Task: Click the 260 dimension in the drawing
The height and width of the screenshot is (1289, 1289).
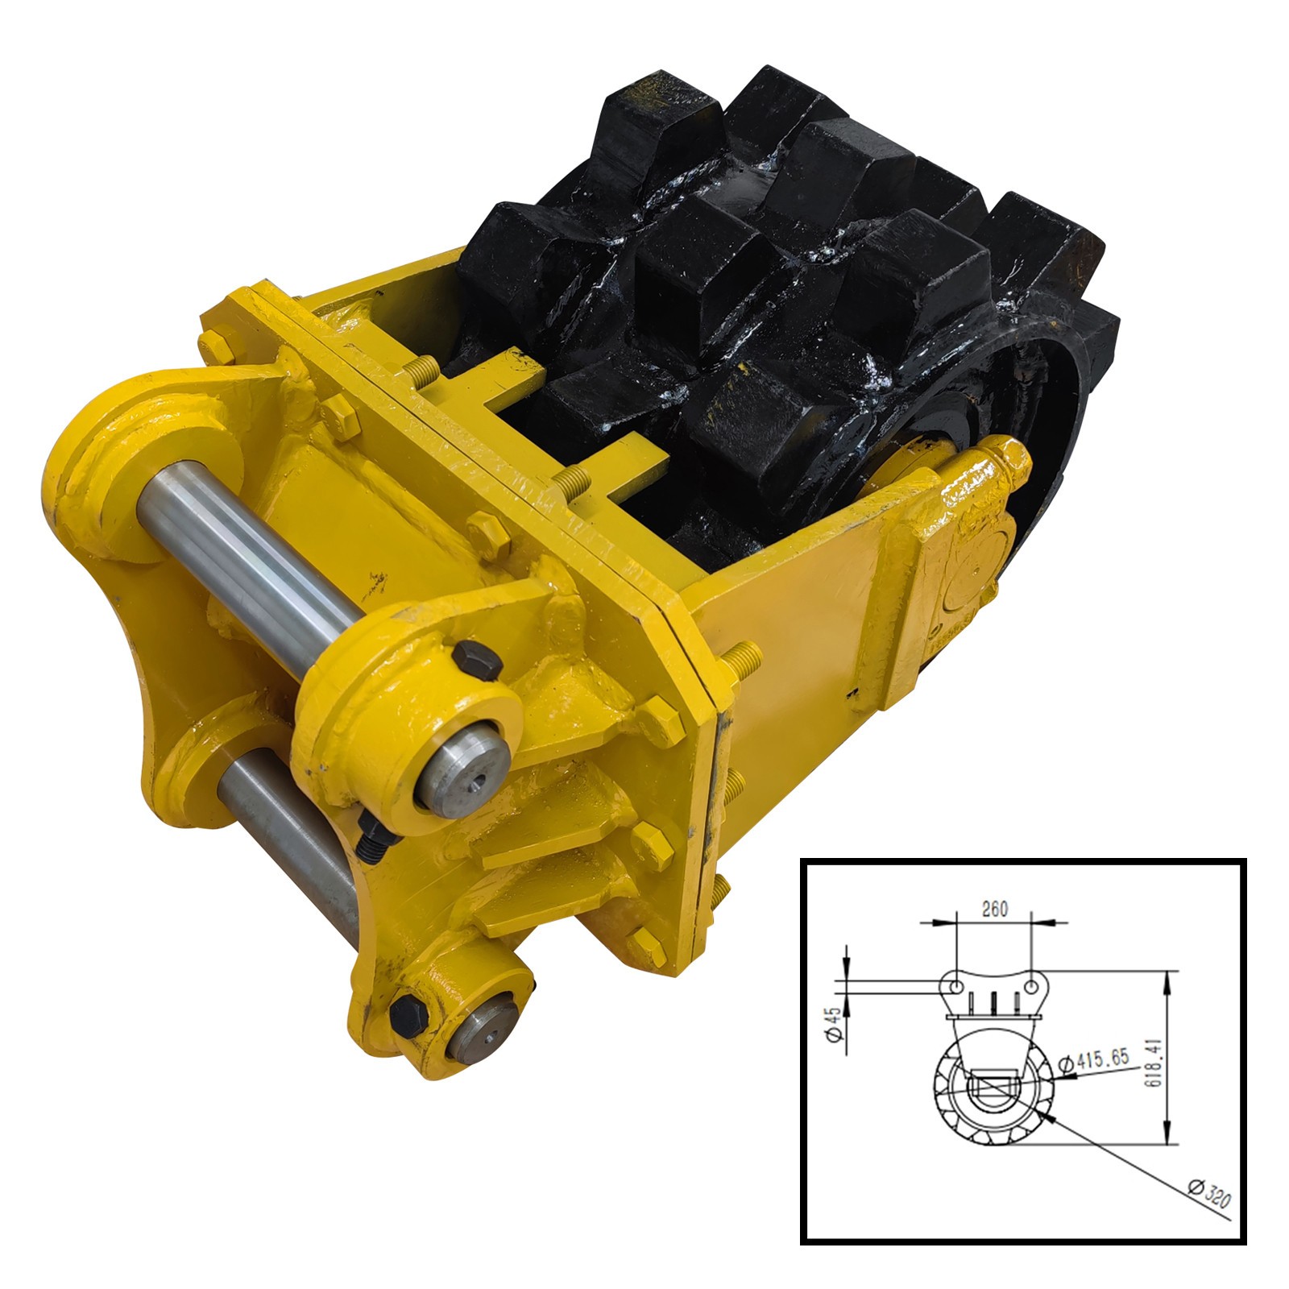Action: (995, 910)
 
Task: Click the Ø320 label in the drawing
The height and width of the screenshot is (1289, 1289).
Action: (1208, 1193)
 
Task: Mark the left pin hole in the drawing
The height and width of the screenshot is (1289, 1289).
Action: (955, 986)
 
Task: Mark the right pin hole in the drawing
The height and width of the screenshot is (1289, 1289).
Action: (1034, 986)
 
